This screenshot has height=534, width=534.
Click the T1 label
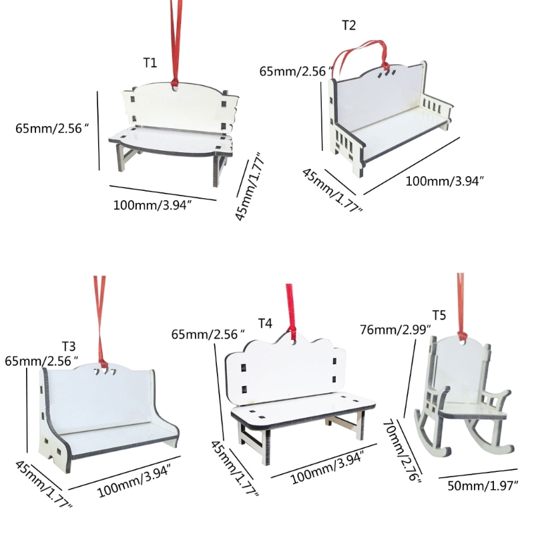click(150, 63)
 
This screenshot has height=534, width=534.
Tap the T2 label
click(348, 25)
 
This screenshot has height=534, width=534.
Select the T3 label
click(69, 346)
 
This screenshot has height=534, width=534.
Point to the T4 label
click(265, 323)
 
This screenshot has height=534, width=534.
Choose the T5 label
click(439, 315)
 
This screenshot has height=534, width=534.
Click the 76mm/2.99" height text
click(395, 330)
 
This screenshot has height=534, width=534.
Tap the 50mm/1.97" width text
click(483, 486)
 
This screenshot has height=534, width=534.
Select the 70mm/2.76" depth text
click(403, 451)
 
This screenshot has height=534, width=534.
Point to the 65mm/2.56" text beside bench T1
click(52, 128)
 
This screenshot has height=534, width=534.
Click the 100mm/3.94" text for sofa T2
click(445, 181)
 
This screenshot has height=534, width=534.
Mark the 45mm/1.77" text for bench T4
click(235, 469)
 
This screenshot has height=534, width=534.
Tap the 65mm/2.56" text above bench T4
click(208, 334)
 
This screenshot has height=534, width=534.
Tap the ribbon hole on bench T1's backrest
click(175, 87)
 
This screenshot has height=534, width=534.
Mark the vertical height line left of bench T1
click(98, 130)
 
